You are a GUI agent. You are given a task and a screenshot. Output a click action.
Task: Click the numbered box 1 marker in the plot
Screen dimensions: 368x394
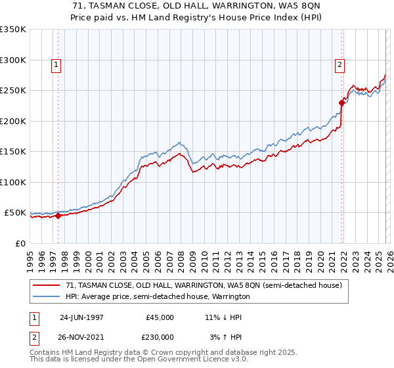56,64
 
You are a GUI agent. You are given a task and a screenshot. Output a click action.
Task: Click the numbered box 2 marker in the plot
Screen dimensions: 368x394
339,64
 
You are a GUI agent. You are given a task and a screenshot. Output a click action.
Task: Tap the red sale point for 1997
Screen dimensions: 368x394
58,216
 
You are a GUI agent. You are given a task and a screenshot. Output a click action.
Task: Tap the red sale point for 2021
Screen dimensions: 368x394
341,103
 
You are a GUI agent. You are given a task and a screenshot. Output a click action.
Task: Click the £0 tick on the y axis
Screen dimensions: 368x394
21,243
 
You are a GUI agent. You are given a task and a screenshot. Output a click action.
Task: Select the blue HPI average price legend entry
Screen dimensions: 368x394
158,297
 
